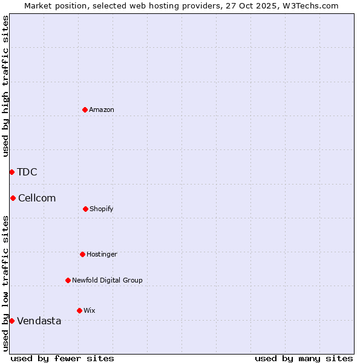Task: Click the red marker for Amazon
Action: click(85, 110)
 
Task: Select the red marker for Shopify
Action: click(85, 209)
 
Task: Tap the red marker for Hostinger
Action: click(82, 254)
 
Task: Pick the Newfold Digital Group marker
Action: click(68, 280)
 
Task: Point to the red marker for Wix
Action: click(79, 310)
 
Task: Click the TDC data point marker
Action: click(11, 172)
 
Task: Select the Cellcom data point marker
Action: click(13, 198)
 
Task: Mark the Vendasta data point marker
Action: click(11, 321)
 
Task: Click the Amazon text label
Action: click(102, 110)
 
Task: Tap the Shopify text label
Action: click(102, 209)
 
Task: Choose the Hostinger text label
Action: click(102, 254)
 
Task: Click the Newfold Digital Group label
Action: click(107, 280)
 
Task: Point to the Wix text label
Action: click(90, 310)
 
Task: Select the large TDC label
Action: click(27, 172)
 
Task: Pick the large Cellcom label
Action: click(37, 198)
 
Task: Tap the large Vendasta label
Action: click(39, 321)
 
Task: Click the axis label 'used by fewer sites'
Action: click(62, 358)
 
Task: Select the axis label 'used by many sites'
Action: click(304, 358)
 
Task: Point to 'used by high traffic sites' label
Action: click(5, 86)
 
